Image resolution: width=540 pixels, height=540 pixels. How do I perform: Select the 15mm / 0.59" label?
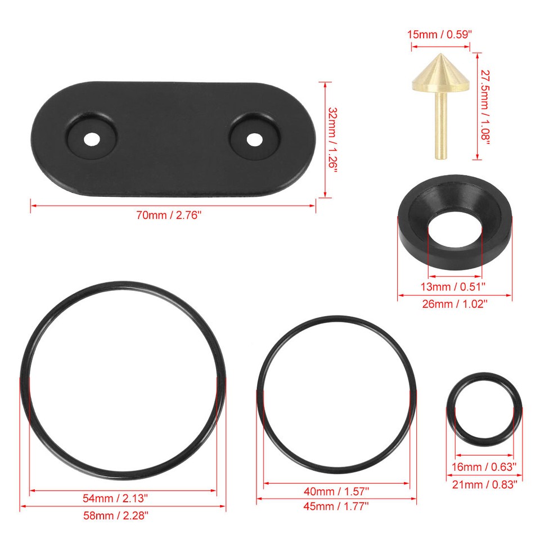[439, 34]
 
